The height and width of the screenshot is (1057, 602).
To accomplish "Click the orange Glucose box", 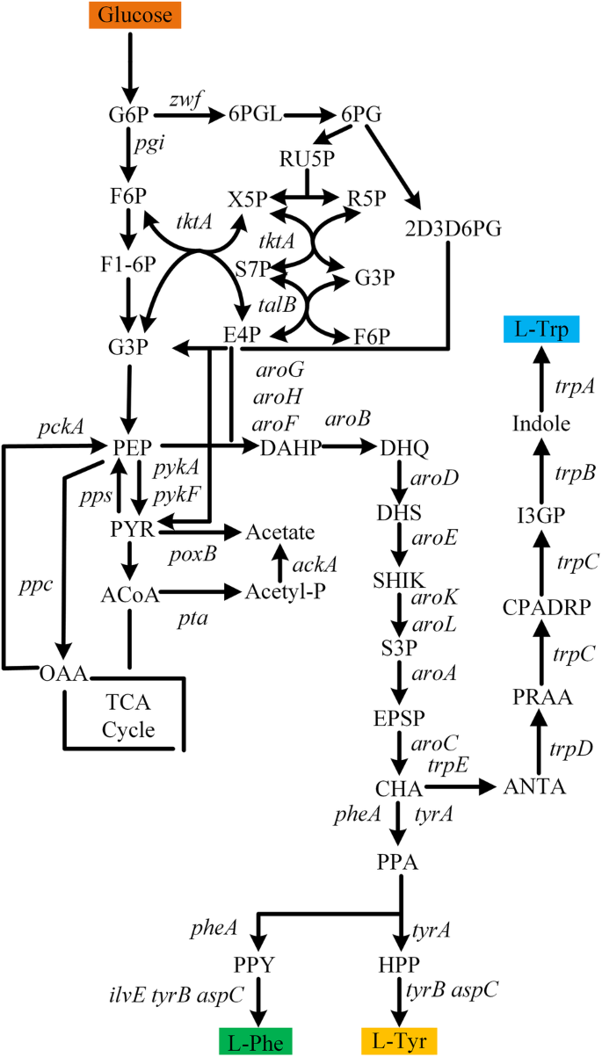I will [134, 15].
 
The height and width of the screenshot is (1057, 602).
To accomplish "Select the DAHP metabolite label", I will [290, 448].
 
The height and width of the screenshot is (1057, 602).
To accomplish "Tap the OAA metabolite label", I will [64, 675].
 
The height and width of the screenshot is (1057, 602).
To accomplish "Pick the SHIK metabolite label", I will [399, 580].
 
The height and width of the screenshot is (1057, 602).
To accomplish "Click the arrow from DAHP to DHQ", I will [349, 447].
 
